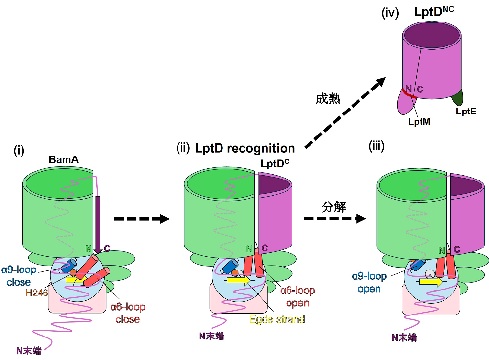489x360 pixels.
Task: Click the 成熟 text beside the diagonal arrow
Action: [x=328, y=98]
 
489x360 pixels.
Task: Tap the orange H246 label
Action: [x=37, y=292]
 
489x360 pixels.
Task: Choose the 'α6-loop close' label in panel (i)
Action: [x=128, y=313]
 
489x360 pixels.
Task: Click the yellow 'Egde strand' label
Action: [x=277, y=319]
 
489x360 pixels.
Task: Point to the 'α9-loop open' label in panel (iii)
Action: [x=369, y=283]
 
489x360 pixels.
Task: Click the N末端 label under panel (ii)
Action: [x=212, y=336]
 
